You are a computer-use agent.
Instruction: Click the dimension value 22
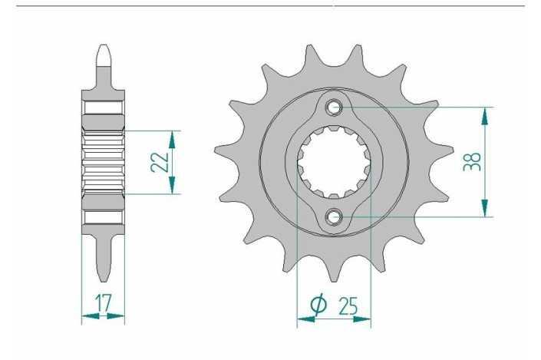(159, 163)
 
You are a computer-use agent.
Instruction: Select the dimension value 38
(473, 161)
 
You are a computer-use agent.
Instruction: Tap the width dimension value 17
(102, 304)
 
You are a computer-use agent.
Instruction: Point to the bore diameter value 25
(346, 306)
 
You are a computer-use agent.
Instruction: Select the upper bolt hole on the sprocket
(335, 107)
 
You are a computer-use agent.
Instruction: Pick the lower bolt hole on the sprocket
(335, 217)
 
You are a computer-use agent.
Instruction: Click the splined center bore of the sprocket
(335, 162)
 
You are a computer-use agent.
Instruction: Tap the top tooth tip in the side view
(103, 54)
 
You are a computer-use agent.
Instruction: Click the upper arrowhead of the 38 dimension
(484, 114)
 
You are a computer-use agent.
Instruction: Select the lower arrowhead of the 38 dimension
(484, 210)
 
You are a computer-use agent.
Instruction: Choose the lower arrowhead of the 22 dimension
(173, 187)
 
